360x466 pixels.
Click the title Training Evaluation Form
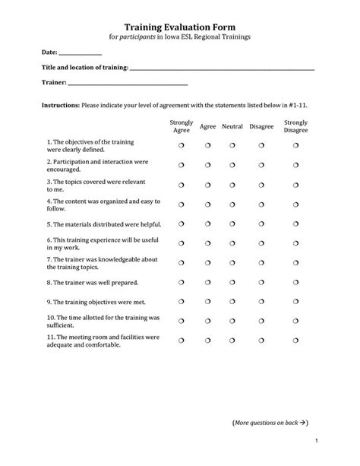pyautogui.click(x=180, y=25)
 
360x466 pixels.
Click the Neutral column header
pyautogui.click(x=232, y=127)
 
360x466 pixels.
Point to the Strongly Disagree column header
pyautogui.click(x=295, y=126)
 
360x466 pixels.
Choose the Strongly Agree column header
pyautogui.click(x=182, y=126)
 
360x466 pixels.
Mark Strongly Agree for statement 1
pyautogui.click(x=182, y=144)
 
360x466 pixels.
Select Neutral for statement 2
pyautogui.click(x=232, y=165)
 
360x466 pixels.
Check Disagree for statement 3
pyautogui.click(x=261, y=185)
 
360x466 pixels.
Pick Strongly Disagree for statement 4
pyautogui.click(x=295, y=204)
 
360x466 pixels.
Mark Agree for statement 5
pyautogui.click(x=207, y=224)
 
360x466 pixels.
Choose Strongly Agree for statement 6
pyautogui.click(x=182, y=244)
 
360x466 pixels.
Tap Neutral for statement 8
pyautogui.click(x=232, y=283)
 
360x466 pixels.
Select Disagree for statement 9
pyautogui.click(x=261, y=302)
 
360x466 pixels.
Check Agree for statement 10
pyautogui.click(x=207, y=320)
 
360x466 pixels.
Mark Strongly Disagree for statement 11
pyautogui.click(x=295, y=339)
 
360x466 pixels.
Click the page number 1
pyautogui.click(x=314, y=442)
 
